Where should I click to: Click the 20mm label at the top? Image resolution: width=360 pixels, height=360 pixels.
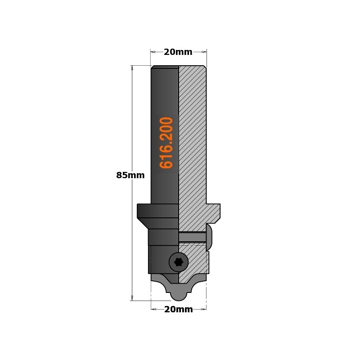pyautogui.click(x=178, y=52)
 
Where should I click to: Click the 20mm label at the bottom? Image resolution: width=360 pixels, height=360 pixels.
pyautogui.click(x=178, y=310)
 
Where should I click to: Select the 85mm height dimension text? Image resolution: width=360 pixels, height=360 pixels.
pyautogui.click(x=130, y=175)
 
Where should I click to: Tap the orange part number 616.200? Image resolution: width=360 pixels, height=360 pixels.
pyautogui.click(x=166, y=142)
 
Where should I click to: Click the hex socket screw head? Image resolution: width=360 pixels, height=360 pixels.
pyautogui.click(x=179, y=262)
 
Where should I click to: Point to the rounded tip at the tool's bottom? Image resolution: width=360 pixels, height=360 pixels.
pyautogui.click(x=179, y=295)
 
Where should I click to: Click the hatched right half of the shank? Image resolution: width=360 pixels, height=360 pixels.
pyautogui.click(x=193, y=135)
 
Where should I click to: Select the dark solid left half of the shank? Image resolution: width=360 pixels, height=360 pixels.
pyautogui.click(x=164, y=90)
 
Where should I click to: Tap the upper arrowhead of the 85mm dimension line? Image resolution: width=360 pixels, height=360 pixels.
pyautogui.click(x=132, y=68)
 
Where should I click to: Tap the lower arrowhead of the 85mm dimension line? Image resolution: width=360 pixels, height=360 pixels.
pyautogui.click(x=132, y=298)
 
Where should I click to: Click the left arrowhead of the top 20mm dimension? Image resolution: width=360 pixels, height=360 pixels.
pyautogui.click(x=153, y=52)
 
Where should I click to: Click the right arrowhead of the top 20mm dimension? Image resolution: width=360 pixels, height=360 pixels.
pyautogui.click(x=204, y=52)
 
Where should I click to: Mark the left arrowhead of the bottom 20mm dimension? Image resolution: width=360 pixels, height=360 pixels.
pyautogui.click(x=153, y=309)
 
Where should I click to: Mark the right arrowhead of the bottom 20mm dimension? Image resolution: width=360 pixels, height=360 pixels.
pyautogui.click(x=203, y=309)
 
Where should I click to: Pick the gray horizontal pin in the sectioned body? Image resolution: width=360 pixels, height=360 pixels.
pyautogui.click(x=192, y=237)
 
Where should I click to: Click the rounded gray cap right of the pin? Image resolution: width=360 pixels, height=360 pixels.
pyautogui.click(x=209, y=237)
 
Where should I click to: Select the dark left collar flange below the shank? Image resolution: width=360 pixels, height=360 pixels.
pyautogui.click(x=157, y=211)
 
